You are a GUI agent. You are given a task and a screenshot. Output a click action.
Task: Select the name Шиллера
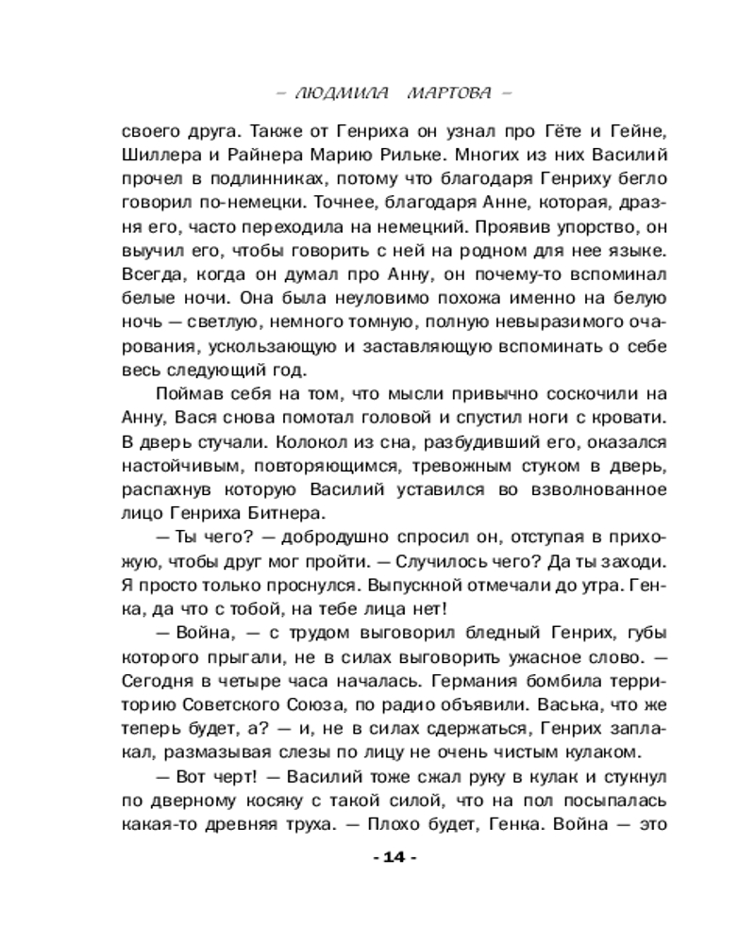[x=157, y=157]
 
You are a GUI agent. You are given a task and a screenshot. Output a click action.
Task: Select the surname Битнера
[x=284, y=514]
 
